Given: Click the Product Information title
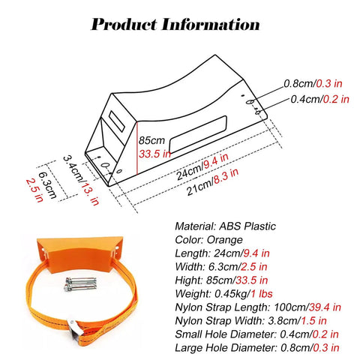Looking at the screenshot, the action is pos(175,25).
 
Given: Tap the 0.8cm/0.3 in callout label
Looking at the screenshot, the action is pos(313,83).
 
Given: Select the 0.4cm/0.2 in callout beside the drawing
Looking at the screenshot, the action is pos(319,99).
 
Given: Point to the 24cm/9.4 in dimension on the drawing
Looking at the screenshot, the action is pos(202,166).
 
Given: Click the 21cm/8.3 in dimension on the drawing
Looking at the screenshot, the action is pos(212,181).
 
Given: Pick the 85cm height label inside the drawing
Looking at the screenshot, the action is pos(151,140).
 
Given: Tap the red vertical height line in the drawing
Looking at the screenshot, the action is pos(137,148).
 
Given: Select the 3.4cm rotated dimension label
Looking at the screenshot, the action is pos(73,168).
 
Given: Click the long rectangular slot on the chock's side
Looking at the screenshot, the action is pos(198,134).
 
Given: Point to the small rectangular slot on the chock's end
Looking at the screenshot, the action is pos(117,121).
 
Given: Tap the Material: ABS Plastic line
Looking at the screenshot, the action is pos(225,226).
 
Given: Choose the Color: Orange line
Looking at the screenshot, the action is pos(208,240).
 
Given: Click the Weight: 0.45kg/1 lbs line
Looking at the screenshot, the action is pos(223,294).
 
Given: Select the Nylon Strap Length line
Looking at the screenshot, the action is pos(258,307).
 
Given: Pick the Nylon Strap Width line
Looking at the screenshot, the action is pos(250,321).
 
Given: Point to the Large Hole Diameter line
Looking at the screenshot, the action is pos(257,348).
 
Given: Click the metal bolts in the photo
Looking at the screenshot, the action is pos(80,284).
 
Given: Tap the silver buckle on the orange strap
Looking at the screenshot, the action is pos(74,331).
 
